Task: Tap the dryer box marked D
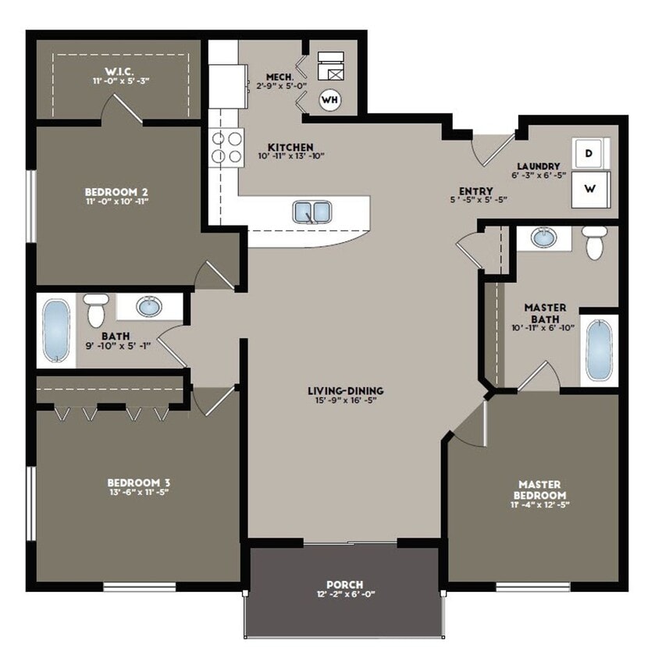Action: (x=591, y=154)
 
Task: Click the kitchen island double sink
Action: (x=312, y=212)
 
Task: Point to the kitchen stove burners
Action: (x=225, y=148)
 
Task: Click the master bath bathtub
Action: (x=600, y=351)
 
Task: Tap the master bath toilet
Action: (x=596, y=243)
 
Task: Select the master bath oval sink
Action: (x=543, y=237)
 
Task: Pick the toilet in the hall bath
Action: (x=96, y=310)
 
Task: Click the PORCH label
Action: (x=344, y=584)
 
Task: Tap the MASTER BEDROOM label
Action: (x=539, y=490)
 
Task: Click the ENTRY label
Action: (x=475, y=191)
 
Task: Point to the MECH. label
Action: (x=279, y=77)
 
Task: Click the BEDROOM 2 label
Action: (x=116, y=191)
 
